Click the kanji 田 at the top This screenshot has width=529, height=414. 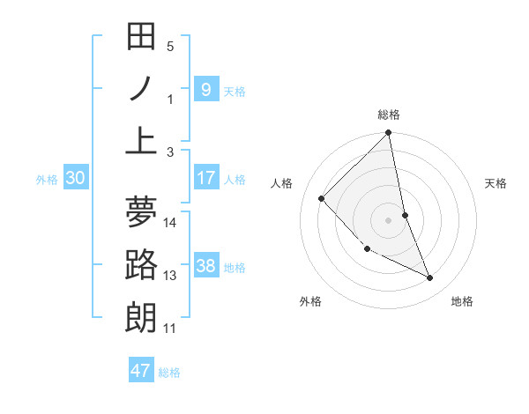pyautogui.click(x=141, y=37)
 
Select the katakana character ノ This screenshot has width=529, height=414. pyautogui.click(x=141, y=88)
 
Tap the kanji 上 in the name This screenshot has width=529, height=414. pyautogui.click(x=141, y=140)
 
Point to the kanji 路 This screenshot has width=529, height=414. pyautogui.click(x=141, y=264)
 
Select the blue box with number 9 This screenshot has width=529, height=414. pyautogui.click(x=205, y=89)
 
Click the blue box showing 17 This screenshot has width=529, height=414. pyautogui.click(x=205, y=178)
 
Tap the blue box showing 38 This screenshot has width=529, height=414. pyautogui.click(x=205, y=266)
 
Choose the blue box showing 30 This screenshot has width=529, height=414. pyautogui.click(x=75, y=178)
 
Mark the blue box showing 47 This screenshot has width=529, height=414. pyautogui.click(x=141, y=370)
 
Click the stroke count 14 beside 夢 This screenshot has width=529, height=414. pyautogui.click(x=170, y=223)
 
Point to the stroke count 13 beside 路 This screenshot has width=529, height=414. pyautogui.click(x=170, y=276)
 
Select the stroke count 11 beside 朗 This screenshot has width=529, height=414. pyautogui.click(x=170, y=329)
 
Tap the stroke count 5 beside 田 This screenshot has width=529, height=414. pyautogui.click(x=170, y=47)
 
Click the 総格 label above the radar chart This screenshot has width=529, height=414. pyautogui.click(x=389, y=115)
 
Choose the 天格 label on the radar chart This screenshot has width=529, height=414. pyautogui.click(x=495, y=183)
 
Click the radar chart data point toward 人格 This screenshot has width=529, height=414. pyautogui.click(x=322, y=198)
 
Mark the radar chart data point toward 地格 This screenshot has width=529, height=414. pyautogui.click(x=430, y=277)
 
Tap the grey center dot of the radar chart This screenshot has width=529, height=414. pyautogui.click(x=389, y=219)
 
